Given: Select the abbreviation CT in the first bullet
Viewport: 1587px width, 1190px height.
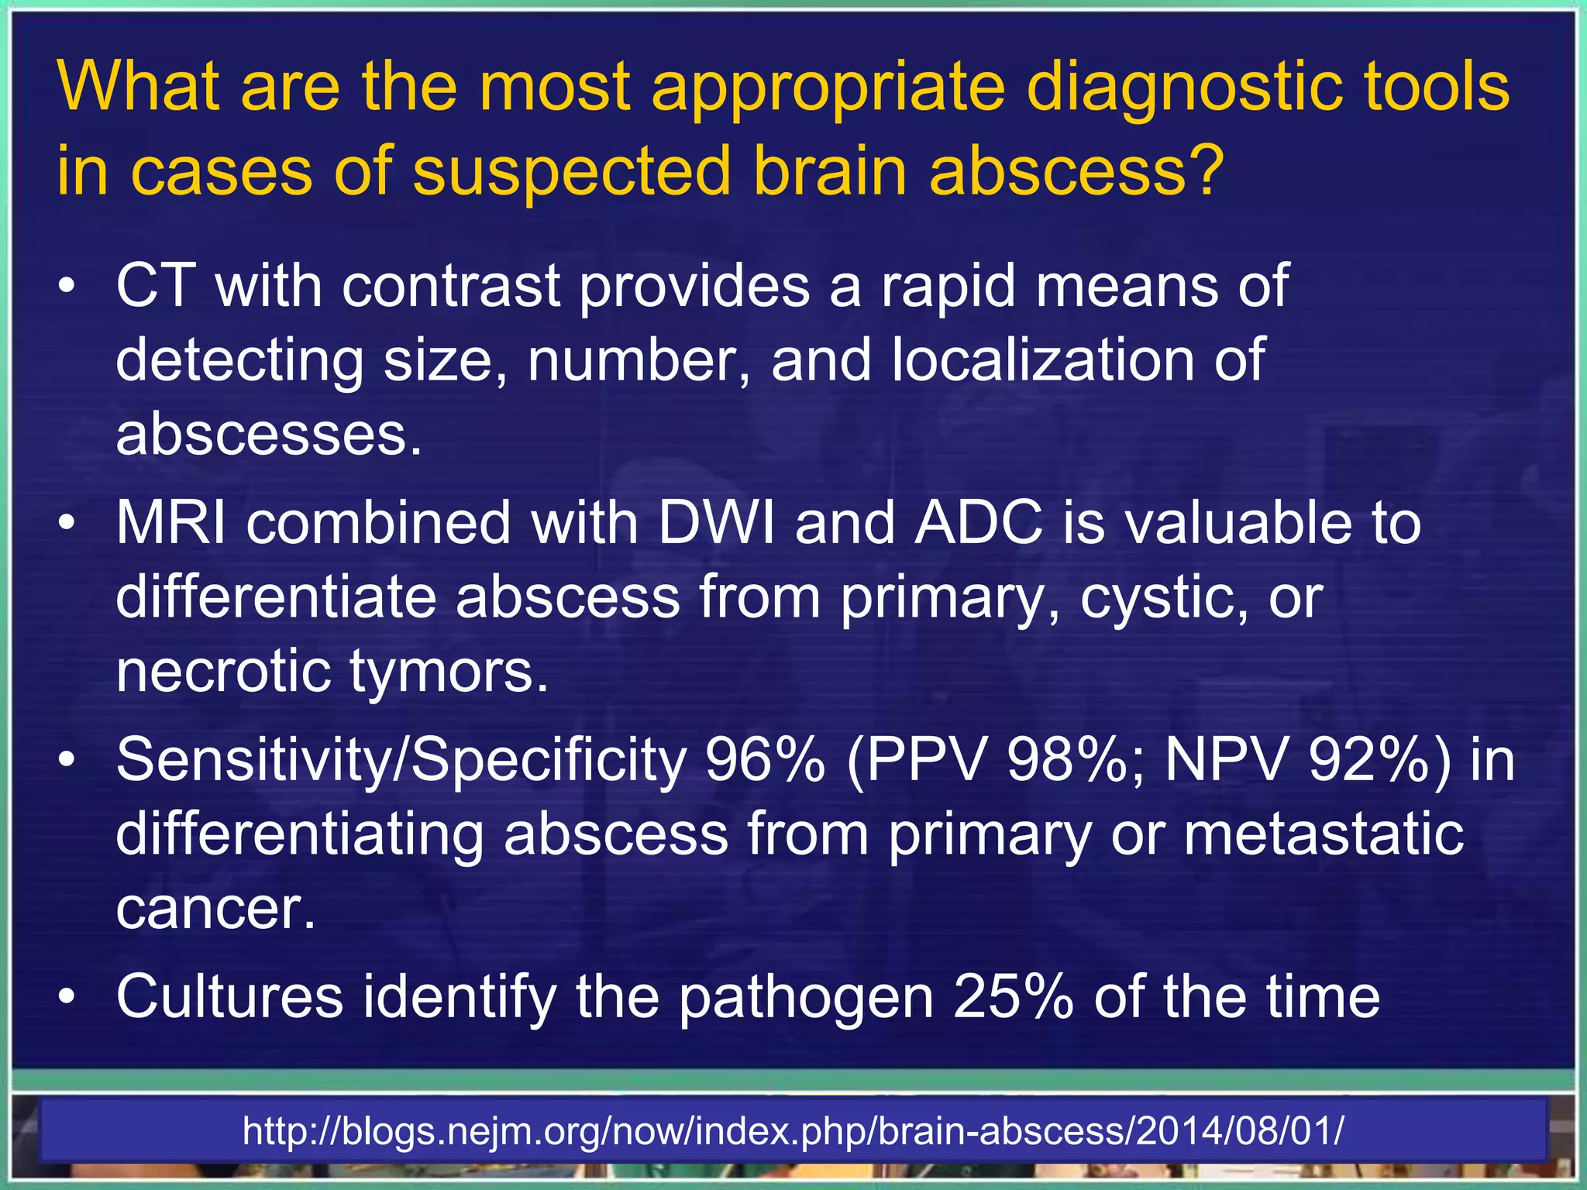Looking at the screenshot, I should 156,286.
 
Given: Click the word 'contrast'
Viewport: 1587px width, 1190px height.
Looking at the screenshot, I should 451,286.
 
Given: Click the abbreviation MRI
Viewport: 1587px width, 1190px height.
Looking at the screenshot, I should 171,523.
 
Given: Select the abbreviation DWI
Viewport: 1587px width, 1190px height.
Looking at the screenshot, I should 717,523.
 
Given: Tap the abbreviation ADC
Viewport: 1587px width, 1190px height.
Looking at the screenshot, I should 979,523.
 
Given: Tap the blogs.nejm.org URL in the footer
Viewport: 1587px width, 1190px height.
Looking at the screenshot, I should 793,1131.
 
